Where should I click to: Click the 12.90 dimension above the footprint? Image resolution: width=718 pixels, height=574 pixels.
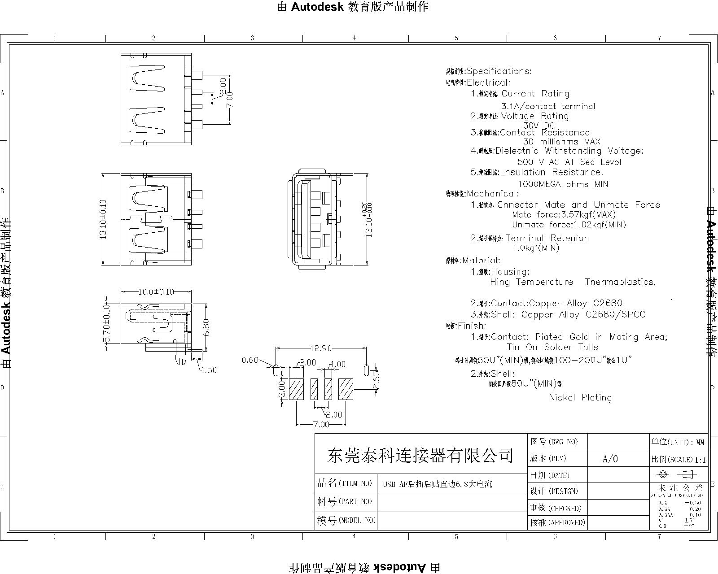pos(320,348)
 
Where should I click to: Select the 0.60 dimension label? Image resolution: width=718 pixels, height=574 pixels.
pos(250,360)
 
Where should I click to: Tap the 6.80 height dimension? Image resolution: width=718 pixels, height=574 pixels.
pos(206,327)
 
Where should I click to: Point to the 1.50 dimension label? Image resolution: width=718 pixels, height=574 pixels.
pos(209,370)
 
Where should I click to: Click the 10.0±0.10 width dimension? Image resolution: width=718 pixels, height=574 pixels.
pos(156,292)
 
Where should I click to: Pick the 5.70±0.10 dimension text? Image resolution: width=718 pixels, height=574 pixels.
pos(107,323)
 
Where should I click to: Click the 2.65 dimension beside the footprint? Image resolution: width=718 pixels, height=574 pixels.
pos(376,379)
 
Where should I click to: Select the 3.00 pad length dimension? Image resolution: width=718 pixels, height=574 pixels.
pos(282,389)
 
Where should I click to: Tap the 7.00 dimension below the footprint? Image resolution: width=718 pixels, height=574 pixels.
pos(321,424)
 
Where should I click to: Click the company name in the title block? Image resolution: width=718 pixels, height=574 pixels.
pos(420,456)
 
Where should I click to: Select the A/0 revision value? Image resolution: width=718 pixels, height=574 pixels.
pos(610,459)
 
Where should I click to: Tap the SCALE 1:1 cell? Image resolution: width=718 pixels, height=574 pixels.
pos(678,460)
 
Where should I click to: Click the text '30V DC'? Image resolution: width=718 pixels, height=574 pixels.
pos(539,126)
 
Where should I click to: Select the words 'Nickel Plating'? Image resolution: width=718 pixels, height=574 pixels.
pos(580,397)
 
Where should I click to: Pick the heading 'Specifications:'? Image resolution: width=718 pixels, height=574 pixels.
pos(499,71)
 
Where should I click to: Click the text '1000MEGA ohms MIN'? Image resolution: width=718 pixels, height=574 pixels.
pos(563,184)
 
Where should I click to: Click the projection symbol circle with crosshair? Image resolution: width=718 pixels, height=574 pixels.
pos(663,474)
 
